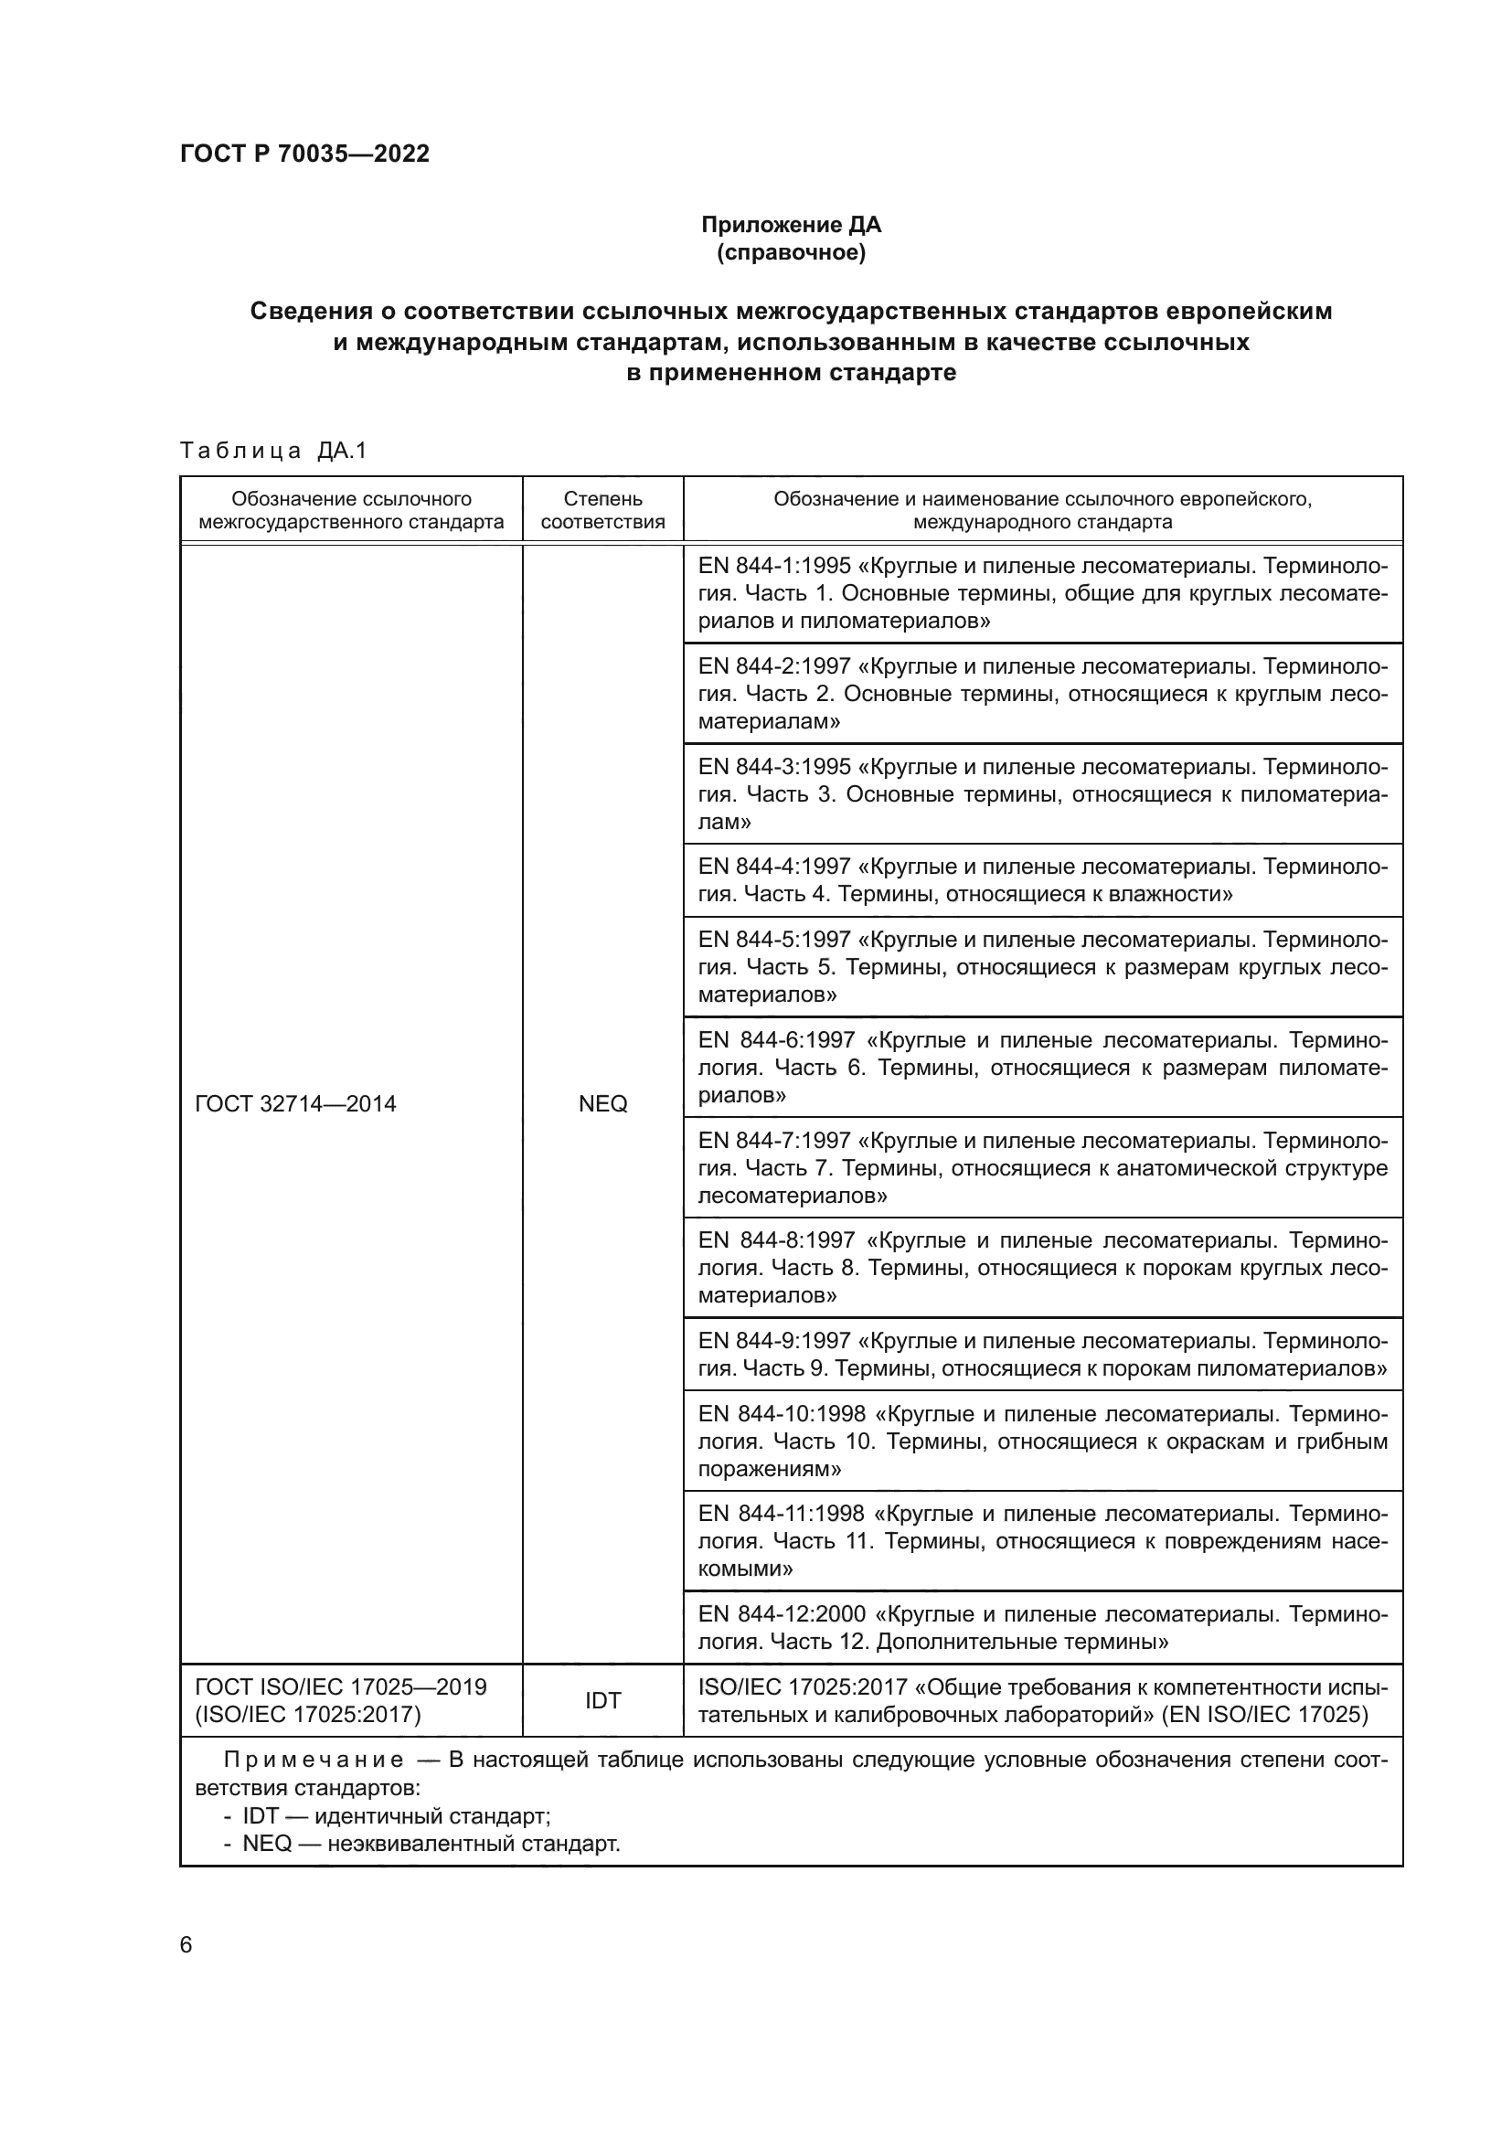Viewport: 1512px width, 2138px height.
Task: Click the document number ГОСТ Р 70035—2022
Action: click(304, 154)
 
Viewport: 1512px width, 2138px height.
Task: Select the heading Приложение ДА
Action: click(791, 225)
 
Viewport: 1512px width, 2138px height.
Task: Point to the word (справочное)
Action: click(791, 252)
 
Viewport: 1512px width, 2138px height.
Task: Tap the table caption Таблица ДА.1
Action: click(273, 451)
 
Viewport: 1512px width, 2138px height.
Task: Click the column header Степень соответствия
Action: click(602, 510)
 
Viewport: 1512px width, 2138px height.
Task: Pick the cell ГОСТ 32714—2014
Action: click(296, 1103)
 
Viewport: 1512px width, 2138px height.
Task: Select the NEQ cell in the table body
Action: click(602, 1103)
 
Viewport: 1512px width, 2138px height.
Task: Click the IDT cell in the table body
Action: click(602, 1700)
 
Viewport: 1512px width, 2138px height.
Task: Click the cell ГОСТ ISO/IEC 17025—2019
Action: click(341, 1687)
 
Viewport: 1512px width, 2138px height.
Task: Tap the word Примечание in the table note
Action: click(314, 1760)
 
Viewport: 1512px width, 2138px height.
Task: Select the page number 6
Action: click(186, 1944)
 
